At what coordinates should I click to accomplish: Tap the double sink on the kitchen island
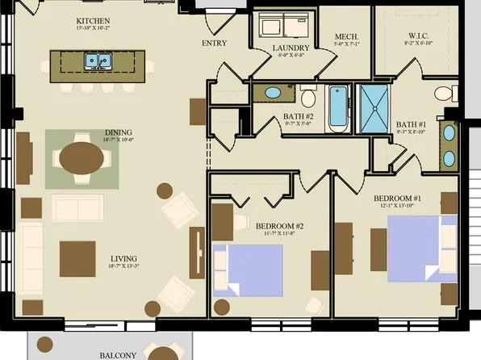point(100,61)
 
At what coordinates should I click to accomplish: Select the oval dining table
point(82,158)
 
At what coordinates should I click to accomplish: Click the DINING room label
point(118,133)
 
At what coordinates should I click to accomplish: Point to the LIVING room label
point(123,260)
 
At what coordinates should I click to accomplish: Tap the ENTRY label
point(213,44)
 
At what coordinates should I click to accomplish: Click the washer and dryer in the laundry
point(279,26)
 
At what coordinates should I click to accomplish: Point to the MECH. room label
point(346,37)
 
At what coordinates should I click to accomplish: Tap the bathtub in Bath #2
point(337,109)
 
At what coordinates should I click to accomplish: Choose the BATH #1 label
point(411,124)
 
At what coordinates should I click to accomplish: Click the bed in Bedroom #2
point(248,269)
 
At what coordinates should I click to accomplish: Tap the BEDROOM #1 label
point(397,199)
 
